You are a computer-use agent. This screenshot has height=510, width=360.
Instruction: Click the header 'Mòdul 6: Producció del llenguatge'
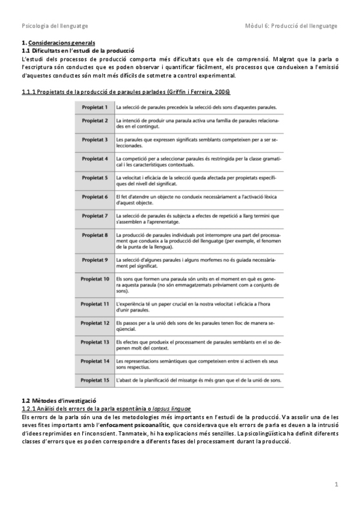(291, 26)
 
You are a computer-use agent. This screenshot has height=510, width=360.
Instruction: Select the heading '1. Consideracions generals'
(58, 43)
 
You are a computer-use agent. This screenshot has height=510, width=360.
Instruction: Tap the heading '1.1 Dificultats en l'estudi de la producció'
(78, 51)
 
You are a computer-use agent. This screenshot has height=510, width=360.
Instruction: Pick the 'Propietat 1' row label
(94, 107)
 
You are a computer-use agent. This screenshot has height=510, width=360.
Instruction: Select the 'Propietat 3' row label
(94, 140)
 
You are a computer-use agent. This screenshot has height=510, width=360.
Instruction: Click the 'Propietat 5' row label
(94, 179)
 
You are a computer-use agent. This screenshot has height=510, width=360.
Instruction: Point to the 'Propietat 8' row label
(94, 235)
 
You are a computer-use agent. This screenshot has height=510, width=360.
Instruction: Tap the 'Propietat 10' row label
(95, 280)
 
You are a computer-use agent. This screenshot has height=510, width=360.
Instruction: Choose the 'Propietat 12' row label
(95, 323)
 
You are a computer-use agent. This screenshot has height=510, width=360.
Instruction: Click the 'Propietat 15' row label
(95, 380)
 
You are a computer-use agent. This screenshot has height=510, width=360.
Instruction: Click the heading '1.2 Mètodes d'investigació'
(58, 401)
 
